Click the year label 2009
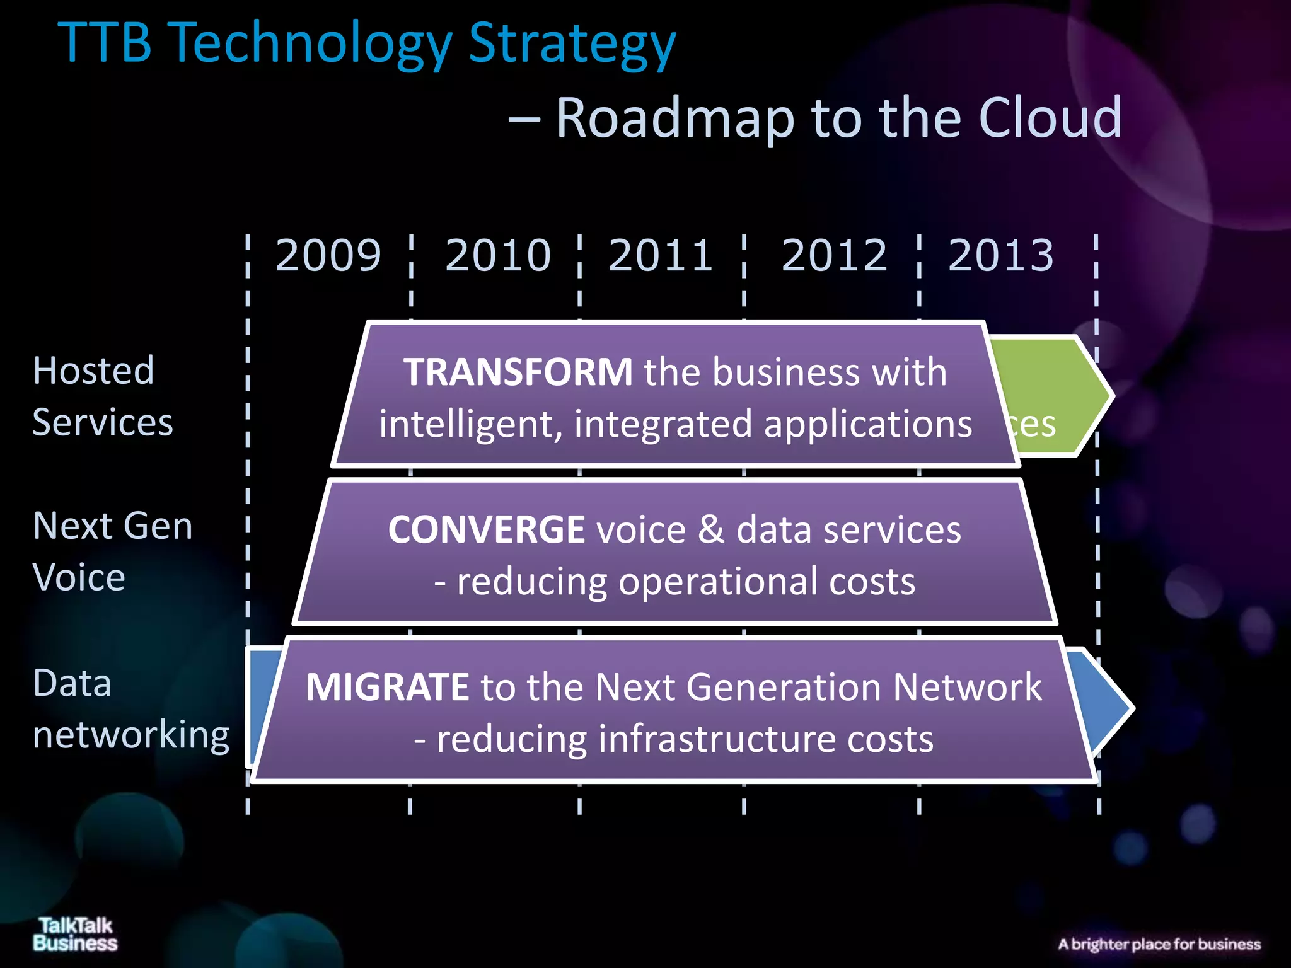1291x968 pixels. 328,256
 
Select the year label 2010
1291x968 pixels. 498,256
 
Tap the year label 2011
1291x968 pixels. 661,256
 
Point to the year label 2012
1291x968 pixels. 834,256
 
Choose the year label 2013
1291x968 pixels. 1001,256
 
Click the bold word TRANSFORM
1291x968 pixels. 518,372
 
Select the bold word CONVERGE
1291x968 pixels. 487,529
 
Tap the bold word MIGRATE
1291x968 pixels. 387,687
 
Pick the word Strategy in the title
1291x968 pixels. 572,44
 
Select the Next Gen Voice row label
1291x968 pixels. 112,551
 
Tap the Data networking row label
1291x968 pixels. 130,709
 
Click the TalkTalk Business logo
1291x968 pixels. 75,934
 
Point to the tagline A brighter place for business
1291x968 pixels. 1159,944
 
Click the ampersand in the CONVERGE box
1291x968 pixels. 711,529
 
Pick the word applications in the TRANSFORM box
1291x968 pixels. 868,423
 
